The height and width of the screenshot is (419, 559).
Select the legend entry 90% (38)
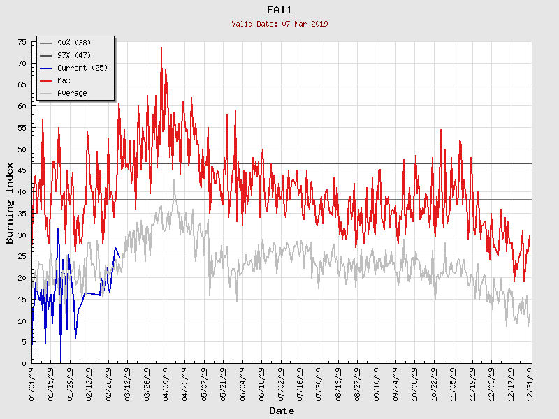click(74, 43)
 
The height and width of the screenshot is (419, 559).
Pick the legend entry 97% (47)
click(74, 55)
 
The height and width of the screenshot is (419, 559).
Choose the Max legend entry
click(64, 80)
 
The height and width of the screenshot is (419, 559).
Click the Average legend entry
click(72, 93)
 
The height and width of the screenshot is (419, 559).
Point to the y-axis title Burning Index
click(10, 203)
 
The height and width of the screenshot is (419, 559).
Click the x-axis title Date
click(282, 411)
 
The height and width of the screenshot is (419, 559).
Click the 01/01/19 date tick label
click(32, 385)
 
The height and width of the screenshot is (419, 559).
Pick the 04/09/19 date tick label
click(166, 385)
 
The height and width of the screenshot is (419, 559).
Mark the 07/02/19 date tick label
click(281, 385)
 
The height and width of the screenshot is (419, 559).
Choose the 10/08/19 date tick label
click(415, 385)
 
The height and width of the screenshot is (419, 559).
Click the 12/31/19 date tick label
click(530, 385)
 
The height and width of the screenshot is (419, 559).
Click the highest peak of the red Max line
click(161, 48)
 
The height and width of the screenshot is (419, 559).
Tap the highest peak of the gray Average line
click(174, 179)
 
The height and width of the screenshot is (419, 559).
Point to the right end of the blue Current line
click(119, 257)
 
